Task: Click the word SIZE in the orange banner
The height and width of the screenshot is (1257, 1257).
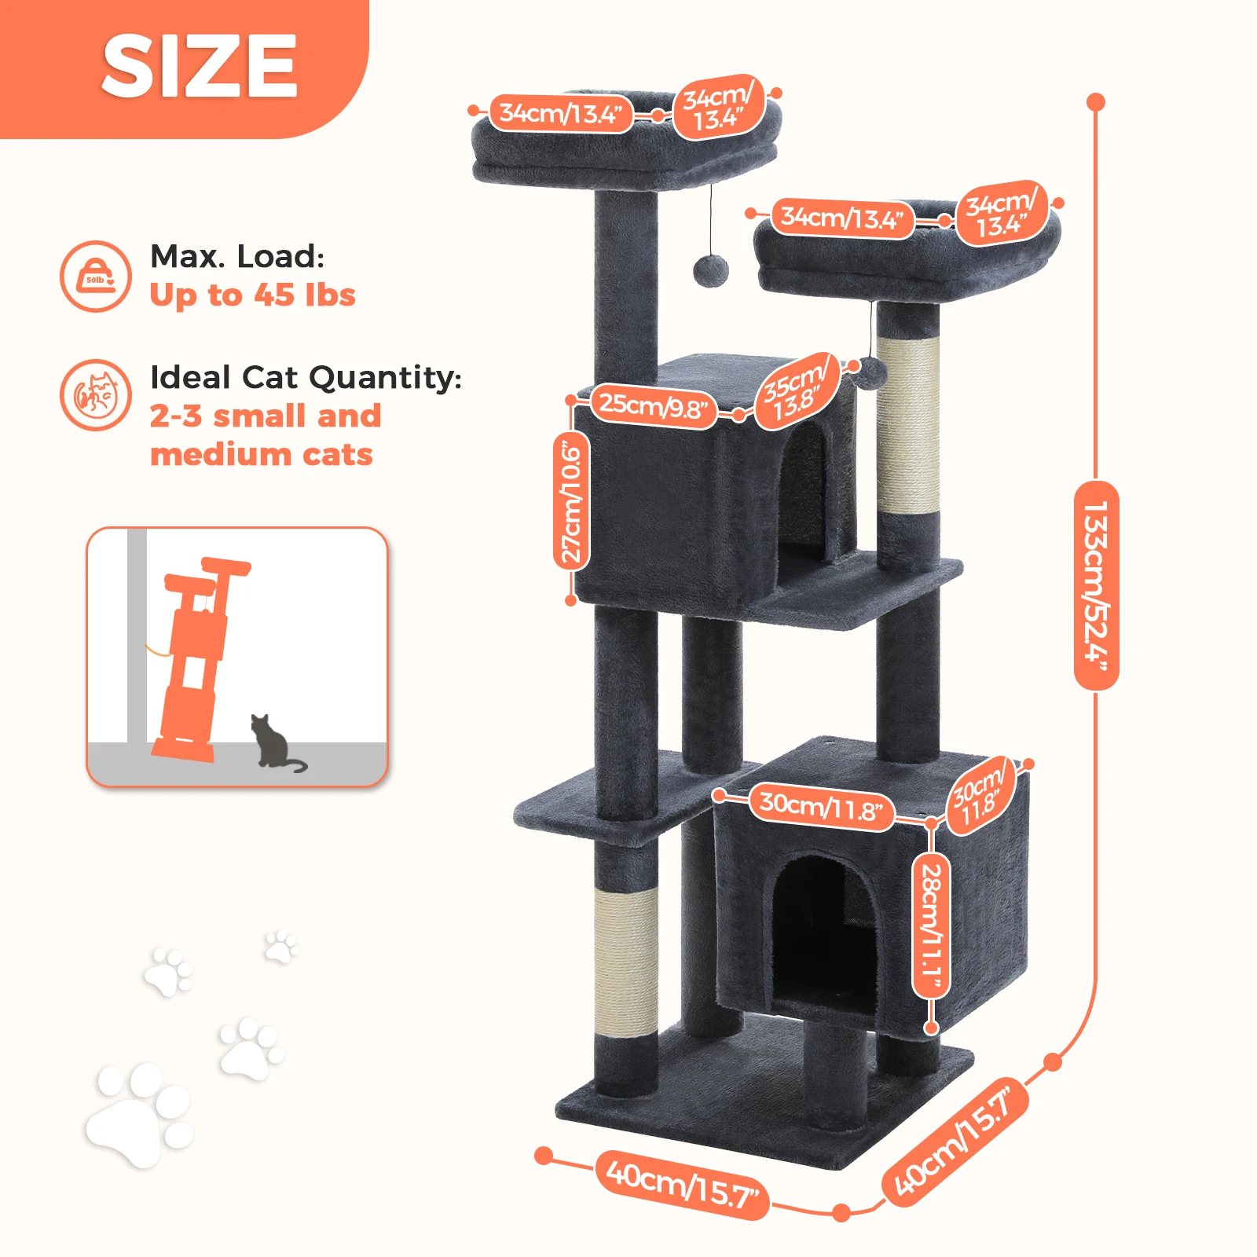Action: pos(200,67)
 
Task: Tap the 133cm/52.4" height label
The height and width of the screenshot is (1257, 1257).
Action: pos(1096,585)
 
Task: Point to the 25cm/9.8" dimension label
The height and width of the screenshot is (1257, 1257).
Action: pos(654,406)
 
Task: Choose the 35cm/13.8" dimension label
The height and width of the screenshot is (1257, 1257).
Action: pos(796,391)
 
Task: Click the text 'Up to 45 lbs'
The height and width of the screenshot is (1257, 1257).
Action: pos(252,295)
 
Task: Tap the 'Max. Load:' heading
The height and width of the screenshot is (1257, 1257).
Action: pos(237,256)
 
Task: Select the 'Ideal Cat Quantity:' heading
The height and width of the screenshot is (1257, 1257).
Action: pos(306,378)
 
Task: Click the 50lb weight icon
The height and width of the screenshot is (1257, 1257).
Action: pos(96,277)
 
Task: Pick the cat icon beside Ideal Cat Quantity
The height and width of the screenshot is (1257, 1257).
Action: pos(96,395)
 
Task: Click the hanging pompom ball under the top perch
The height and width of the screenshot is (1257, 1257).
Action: pos(711,271)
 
